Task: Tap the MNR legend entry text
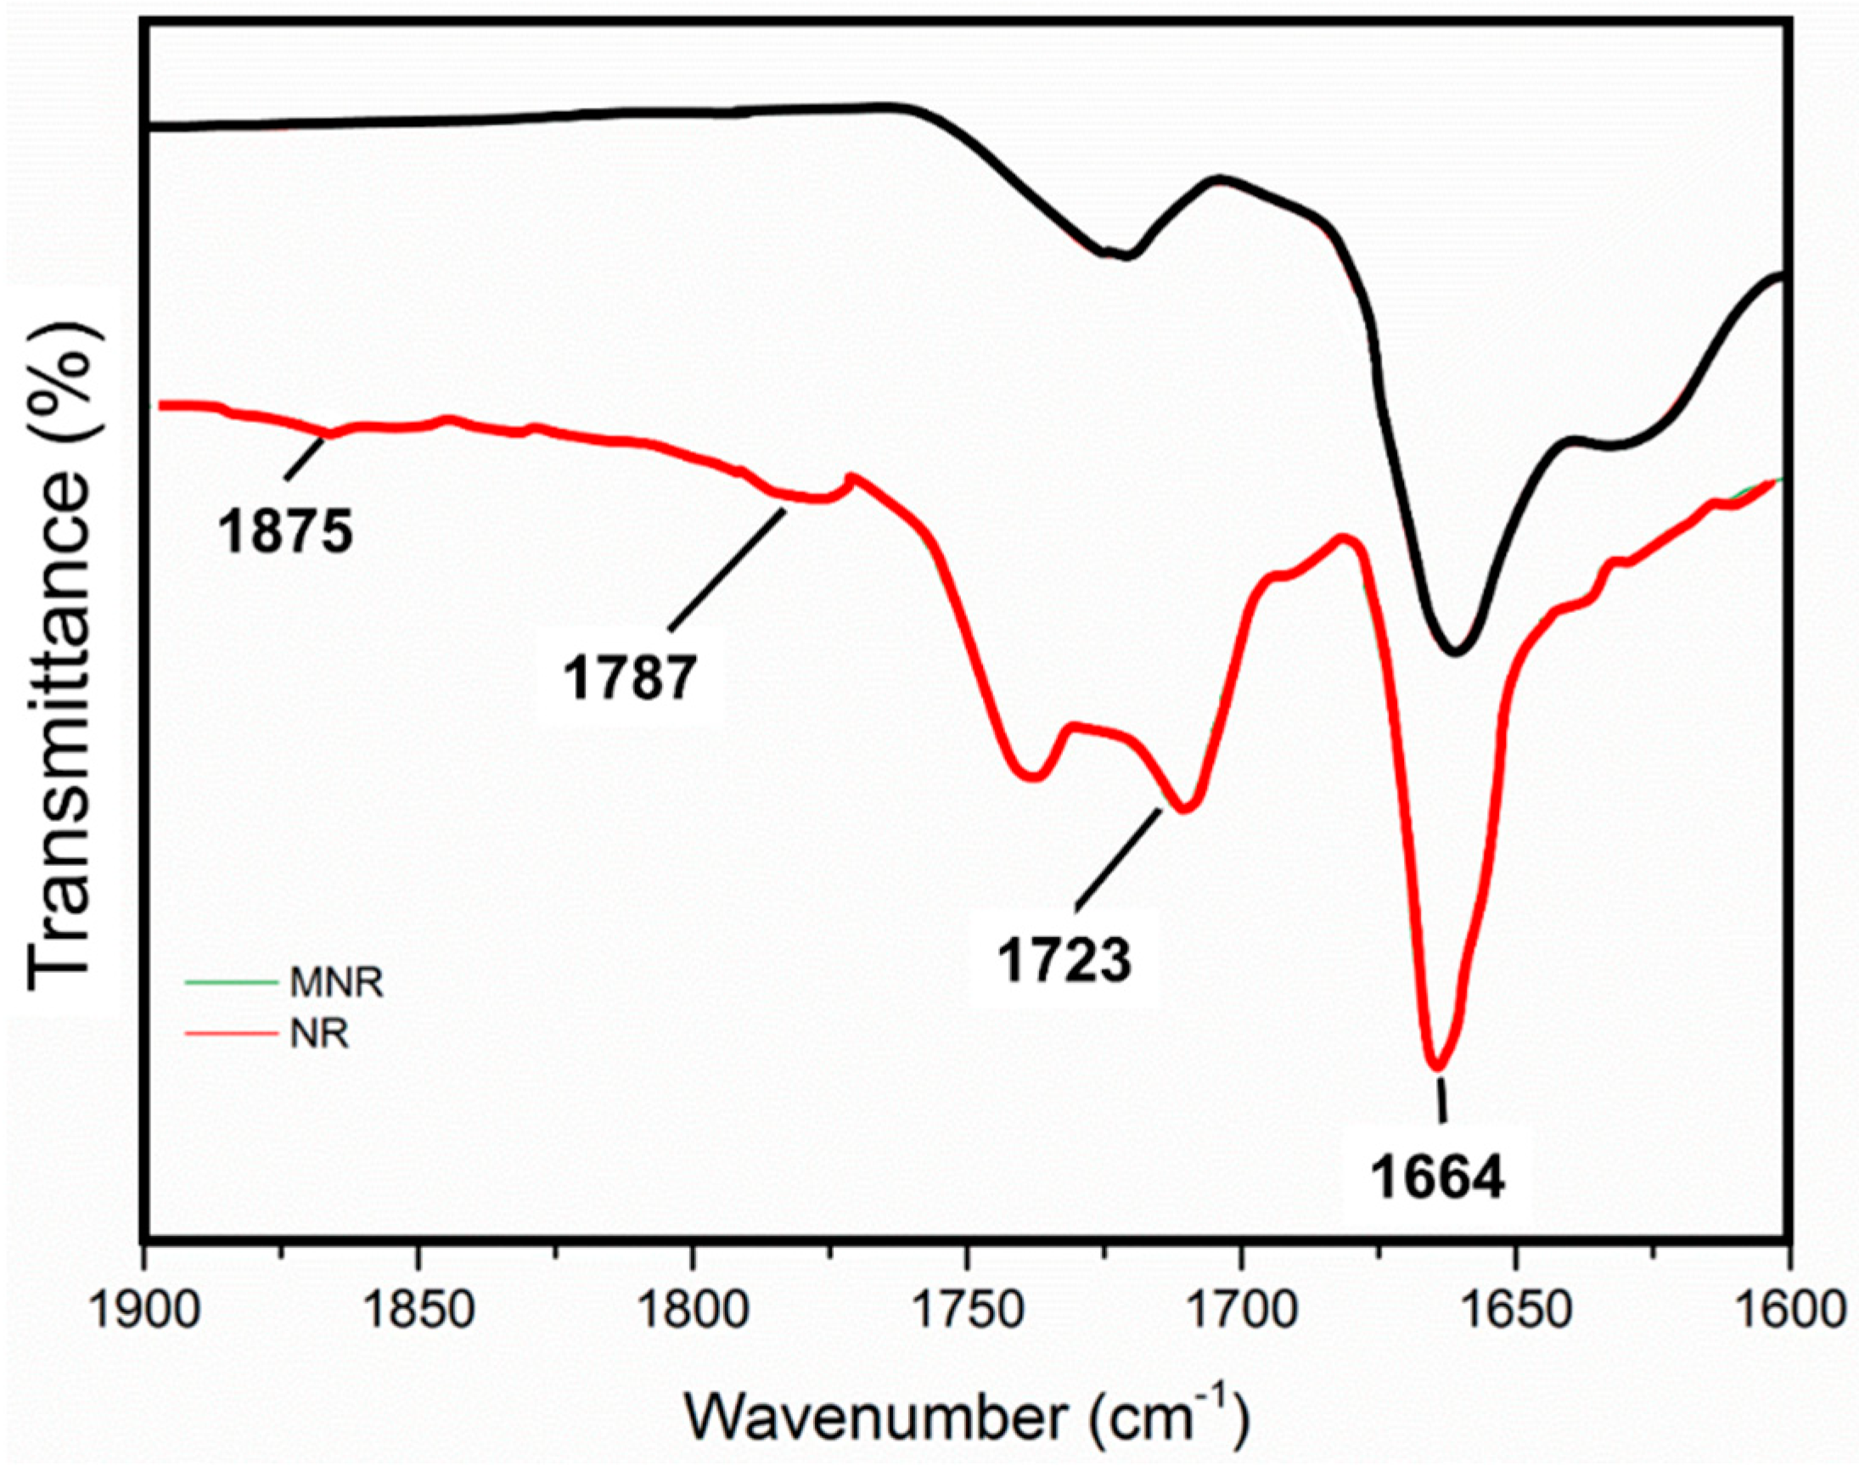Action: click(x=335, y=984)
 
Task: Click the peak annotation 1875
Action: click(x=285, y=532)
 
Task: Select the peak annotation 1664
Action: click(x=1438, y=1180)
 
